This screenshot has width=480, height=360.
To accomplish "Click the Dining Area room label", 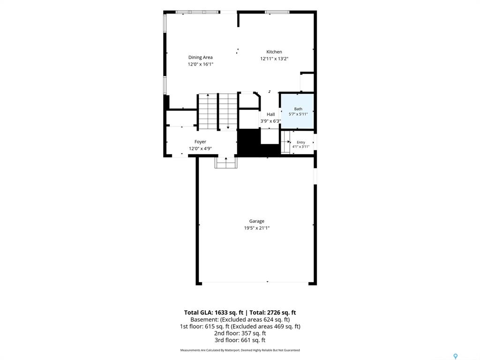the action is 200,57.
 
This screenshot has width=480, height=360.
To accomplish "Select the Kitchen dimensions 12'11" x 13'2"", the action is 274,59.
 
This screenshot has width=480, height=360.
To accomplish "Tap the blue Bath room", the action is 298,111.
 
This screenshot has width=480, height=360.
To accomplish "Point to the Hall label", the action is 270,114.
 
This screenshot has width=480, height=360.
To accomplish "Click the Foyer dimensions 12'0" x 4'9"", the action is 200,149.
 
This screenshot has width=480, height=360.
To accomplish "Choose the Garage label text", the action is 256,221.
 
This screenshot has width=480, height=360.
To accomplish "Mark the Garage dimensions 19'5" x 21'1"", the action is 256,228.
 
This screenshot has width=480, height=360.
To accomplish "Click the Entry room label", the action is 301,142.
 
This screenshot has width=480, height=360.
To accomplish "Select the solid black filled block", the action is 248,142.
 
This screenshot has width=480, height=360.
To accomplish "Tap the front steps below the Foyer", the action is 226,162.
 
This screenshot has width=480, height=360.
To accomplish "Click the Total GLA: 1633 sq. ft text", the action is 214,313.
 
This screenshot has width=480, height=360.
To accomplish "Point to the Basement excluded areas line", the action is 240,320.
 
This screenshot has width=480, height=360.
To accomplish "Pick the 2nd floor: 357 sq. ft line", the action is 240,333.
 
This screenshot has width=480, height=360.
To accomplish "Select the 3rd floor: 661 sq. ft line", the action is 240,340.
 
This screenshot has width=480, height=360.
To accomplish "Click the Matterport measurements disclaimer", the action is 240,350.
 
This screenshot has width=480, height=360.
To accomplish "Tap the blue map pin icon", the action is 455,356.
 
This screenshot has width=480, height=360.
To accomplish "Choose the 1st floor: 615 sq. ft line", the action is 240,326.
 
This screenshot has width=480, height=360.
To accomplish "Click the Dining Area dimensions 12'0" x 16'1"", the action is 200,64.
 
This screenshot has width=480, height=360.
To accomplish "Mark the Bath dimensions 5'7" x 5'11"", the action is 298,114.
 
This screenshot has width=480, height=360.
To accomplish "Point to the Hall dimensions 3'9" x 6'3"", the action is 270,121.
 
